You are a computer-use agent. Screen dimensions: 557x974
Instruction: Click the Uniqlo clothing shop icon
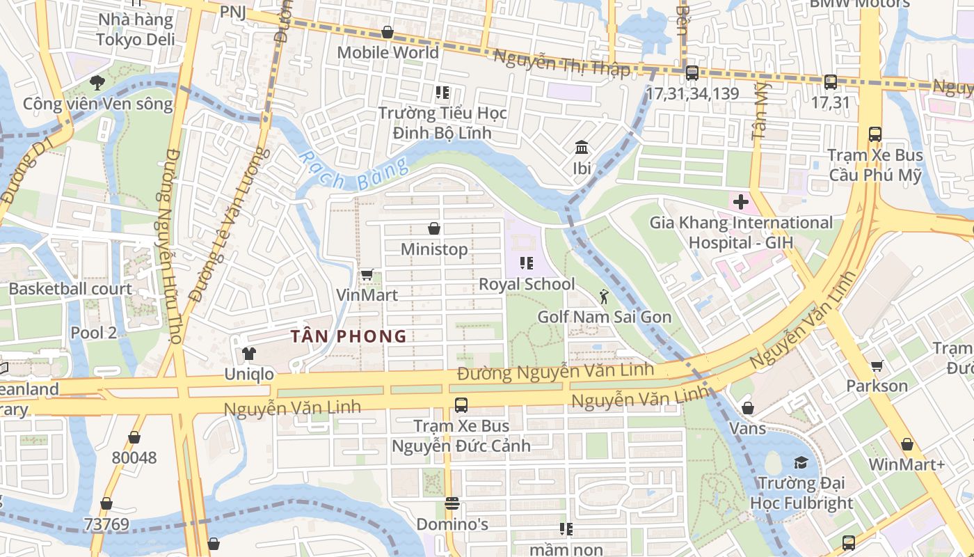[x=248, y=353]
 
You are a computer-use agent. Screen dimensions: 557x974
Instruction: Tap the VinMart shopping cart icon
[x=367, y=274]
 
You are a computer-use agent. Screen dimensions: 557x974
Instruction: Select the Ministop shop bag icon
[x=434, y=228]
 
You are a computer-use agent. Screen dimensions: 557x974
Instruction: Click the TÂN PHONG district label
[x=349, y=336]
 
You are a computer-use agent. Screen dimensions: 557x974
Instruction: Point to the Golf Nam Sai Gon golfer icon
[x=603, y=297]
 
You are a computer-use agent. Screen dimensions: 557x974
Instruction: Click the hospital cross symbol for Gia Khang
[x=740, y=203]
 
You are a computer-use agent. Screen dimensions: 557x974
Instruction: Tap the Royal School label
[x=527, y=284]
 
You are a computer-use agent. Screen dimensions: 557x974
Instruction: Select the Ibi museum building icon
[x=582, y=148]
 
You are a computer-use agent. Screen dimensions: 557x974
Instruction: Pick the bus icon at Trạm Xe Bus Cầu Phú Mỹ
[x=875, y=134]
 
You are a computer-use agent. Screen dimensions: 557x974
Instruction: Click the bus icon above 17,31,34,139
[x=692, y=73]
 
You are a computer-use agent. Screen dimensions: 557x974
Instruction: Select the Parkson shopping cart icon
[x=877, y=366]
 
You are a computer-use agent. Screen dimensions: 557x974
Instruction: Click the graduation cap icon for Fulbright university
[x=801, y=462]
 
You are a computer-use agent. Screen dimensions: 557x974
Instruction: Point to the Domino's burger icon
[x=452, y=503]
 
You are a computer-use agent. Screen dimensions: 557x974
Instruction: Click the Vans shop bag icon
[x=747, y=408]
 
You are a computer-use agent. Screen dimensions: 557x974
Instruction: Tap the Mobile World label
[x=388, y=52]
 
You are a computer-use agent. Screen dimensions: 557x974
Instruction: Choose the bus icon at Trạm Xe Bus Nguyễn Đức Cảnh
[x=461, y=405]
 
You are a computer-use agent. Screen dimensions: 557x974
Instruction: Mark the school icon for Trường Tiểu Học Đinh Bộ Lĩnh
[x=442, y=92]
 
